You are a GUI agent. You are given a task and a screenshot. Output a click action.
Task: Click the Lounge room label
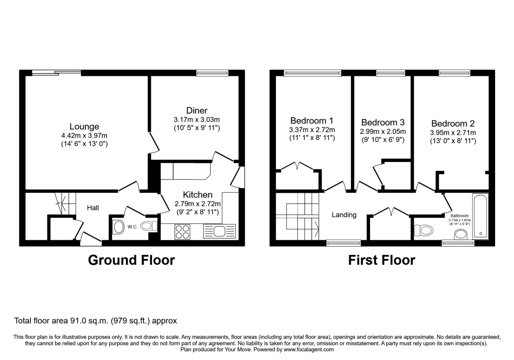pos(84,126)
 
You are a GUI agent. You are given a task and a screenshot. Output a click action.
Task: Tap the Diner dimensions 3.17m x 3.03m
pos(194,120)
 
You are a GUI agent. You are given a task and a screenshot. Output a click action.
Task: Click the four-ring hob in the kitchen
pos(182,232)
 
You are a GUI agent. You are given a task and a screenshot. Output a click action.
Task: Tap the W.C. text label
pos(132,227)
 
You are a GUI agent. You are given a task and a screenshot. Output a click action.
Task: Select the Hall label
pos(93,208)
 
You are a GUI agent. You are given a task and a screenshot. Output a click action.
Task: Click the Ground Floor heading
pos(131,260)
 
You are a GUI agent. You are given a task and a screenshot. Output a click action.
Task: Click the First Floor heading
pos(382,260)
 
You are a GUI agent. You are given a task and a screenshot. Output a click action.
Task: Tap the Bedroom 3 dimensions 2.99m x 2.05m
pos(383,132)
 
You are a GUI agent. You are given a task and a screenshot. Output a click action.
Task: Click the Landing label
pos(344,215)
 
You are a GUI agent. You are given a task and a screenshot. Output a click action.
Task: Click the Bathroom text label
pos(459,216)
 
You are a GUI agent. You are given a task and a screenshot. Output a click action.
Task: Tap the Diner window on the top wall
pos(213,73)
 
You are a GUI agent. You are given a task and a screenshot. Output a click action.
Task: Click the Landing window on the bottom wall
pos(343,243)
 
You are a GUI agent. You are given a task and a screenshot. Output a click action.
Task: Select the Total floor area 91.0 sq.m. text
pos(96,321)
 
